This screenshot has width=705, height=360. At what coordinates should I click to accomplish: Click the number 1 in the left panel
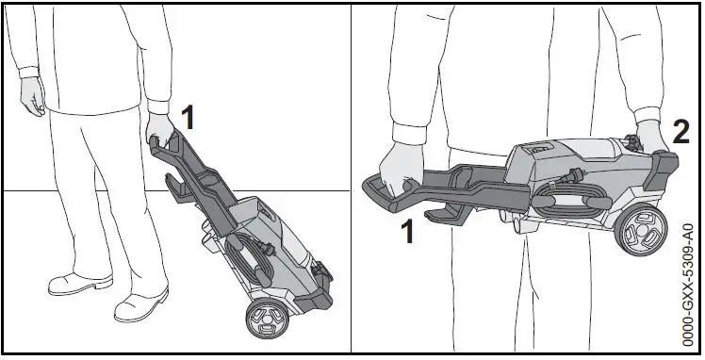tap(188, 118)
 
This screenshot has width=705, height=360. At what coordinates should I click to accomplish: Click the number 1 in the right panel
tap(408, 230)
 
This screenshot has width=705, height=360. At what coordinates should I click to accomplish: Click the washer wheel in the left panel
tap(266, 321)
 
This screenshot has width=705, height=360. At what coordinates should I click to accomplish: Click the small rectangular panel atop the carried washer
tap(540, 148)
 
